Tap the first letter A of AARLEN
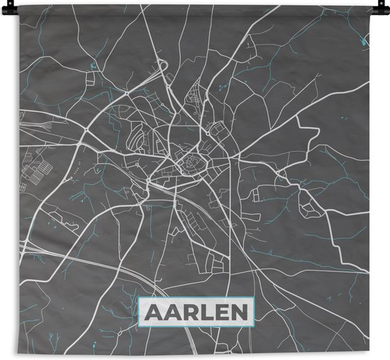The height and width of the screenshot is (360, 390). pos(155,313)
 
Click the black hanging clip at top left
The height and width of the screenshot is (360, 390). pos(22,4)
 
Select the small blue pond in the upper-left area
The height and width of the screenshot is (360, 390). pos(93,68)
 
